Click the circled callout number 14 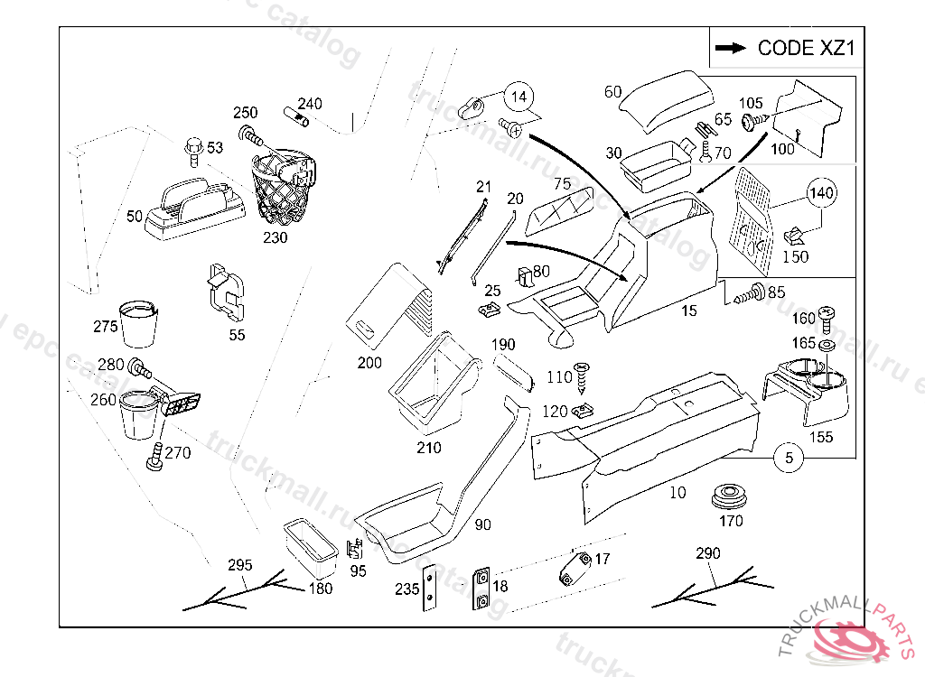pos(519,96)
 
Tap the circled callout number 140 pos(821,193)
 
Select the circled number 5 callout pos(789,459)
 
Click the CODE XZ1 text pos(805,48)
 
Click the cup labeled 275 pos(139,324)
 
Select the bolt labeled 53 pos(192,150)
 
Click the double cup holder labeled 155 pos(810,389)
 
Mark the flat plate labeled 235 pos(429,589)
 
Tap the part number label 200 pos(369,363)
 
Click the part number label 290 pos(708,552)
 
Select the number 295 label pos(239,566)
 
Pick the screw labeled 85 pos(749,292)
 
